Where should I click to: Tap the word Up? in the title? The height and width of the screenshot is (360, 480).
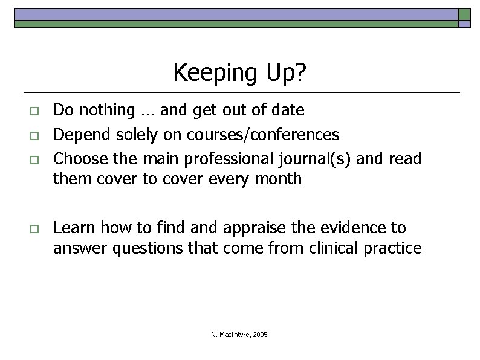click(284, 73)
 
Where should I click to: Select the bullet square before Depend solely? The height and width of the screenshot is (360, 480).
click(34, 135)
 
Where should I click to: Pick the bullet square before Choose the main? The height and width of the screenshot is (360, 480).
click(34, 159)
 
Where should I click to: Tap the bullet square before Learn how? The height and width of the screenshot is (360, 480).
click(34, 229)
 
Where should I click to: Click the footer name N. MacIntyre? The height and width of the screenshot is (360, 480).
click(232, 335)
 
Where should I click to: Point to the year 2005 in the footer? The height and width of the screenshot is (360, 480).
click(261, 335)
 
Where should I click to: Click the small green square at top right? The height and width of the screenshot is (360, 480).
click(464, 14)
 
